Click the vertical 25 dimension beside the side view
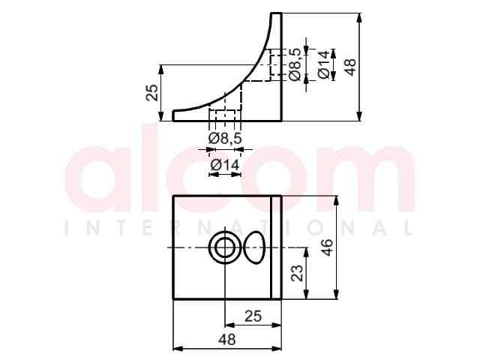pyautogui.click(x=152, y=92)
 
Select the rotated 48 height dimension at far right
pyautogui.click(x=350, y=67)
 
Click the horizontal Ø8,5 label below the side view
pyautogui.click(x=225, y=139)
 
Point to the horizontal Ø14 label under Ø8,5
pyautogui.click(x=225, y=165)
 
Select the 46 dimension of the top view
pyautogui.click(x=327, y=247)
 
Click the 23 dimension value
pyautogui.click(x=297, y=273)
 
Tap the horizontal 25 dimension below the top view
pyautogui.click(x=253, y=316)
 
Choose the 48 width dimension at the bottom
pyautogui.click(x=227, y=340)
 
